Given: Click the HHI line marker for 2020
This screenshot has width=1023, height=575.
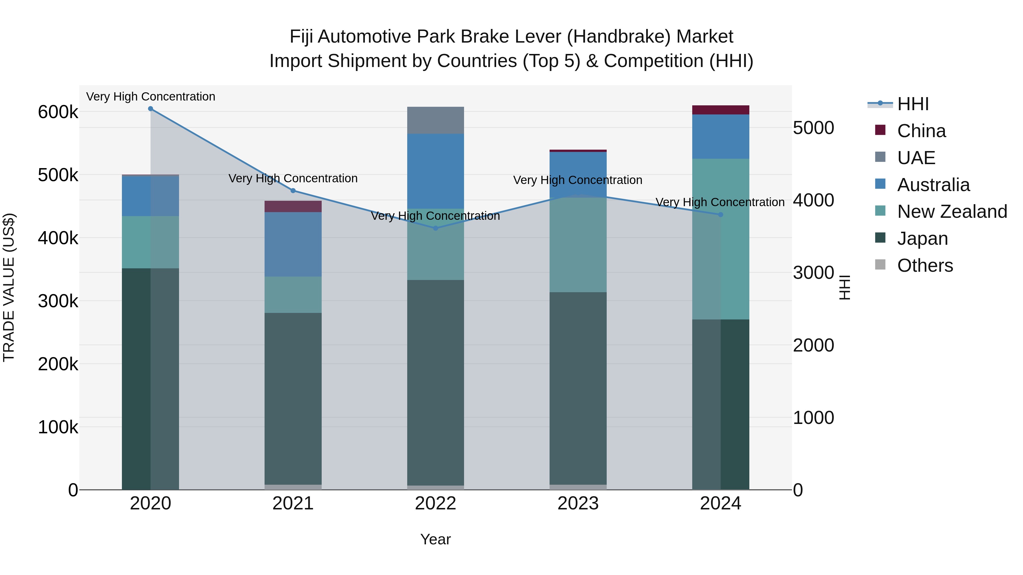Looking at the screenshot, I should pyautogui.click(x=151, y=109).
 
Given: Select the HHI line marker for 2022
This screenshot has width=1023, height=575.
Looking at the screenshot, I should pyautogui.click(x=435, y=228).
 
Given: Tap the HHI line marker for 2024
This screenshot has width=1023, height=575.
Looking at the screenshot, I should pyautogui.click(x=720, y=215).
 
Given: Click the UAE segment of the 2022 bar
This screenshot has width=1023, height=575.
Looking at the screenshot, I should pyautogui.click(x=435, y=120).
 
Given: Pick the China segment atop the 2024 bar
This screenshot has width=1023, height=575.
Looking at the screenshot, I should pyautogui.click(x=720, y=110).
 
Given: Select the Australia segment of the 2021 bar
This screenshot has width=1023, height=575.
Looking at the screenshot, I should pyautogui.click(x=293, y=244).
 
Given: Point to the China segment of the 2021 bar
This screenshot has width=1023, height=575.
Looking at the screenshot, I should pyautogui.click(x=293, y=206).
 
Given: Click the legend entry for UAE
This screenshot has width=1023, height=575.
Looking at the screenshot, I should pyautogui.click(x=916, y=158).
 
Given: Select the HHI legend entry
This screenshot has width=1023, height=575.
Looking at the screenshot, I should pyautogui.click(x=912, y=104).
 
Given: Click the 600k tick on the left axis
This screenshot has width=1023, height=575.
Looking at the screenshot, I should pyautogui.click(x=58, y=112).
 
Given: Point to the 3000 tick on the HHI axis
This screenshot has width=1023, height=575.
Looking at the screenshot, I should pyautogui.click(x=813, y=273).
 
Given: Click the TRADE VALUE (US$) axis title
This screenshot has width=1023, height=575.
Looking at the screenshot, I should pyautogui.click(x=9, y=287).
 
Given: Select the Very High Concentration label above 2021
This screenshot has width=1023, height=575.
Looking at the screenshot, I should pyautogui.click(x=293, y=179).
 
